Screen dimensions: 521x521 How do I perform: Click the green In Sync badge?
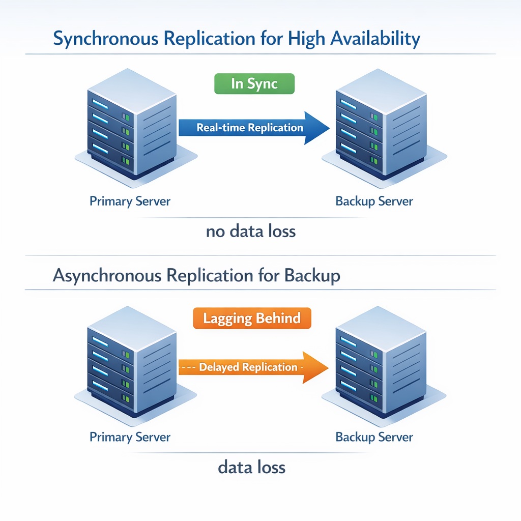click(254, 83)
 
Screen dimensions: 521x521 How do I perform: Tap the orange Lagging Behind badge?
click(252, 319)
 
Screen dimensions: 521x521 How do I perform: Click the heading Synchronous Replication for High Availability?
click(237, 39)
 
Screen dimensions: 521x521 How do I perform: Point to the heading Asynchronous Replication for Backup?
click(196, 276)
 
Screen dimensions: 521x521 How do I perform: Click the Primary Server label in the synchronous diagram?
click(130, 201)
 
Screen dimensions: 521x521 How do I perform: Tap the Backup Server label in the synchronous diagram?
click(374, 201)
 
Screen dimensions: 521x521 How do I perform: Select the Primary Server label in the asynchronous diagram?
click(130, 437)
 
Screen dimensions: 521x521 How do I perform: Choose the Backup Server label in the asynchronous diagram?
click(374, 437)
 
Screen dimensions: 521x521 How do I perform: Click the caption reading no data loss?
click(251, 231)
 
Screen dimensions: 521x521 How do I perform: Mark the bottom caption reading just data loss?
click(252, 467)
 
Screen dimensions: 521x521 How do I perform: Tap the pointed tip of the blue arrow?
click(328, 128)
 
